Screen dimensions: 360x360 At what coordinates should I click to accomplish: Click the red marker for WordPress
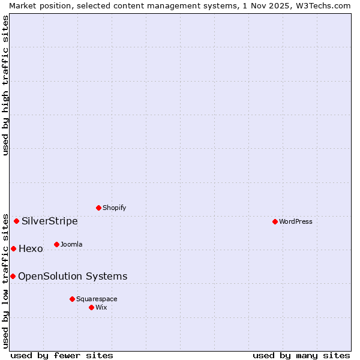[x=275, y=221]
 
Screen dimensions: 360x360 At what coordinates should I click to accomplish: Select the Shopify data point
[x=98, y=208]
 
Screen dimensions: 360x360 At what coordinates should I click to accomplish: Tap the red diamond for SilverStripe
[x=16, y=221]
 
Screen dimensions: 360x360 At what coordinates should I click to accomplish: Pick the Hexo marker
[x=13, y=248]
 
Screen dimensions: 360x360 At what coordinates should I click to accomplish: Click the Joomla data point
[x=56, y=244]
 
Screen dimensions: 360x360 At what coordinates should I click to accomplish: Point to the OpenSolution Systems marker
[x=13, y=276]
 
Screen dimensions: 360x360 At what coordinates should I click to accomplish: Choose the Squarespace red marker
[x=72, y=299]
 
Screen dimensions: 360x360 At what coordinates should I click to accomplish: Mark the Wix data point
[x=91, y=307]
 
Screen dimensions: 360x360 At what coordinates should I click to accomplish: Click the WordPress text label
[x=296, y=221]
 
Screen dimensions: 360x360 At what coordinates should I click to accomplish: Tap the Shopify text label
[x=114, y=208]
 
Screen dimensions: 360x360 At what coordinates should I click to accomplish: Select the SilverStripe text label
[x=50, y=221]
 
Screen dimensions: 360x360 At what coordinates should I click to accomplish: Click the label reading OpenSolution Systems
[x=73, y=276]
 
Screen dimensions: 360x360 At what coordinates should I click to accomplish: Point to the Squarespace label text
[x=97, y=299]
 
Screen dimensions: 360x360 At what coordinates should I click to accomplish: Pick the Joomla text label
[x=71, y=244]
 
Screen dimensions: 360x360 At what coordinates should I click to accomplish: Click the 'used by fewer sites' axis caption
[x=62, y=355]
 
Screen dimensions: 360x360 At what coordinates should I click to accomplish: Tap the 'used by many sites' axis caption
[x=301, y=355]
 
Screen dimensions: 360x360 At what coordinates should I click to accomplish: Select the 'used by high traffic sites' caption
[x=6, y=85]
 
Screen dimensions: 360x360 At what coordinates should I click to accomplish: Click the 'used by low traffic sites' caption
[x=6, y=281]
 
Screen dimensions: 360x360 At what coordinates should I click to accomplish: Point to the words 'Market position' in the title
[x=35, y=5]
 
